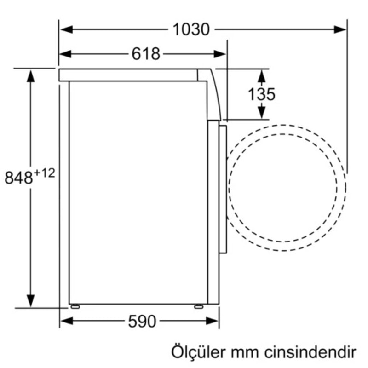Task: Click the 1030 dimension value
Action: point(191,30)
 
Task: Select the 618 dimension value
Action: point(146,54)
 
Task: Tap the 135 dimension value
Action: point(261,94)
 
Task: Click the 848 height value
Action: point(19,178)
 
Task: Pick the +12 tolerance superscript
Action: point(44,173)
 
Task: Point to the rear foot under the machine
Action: point(75,306)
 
